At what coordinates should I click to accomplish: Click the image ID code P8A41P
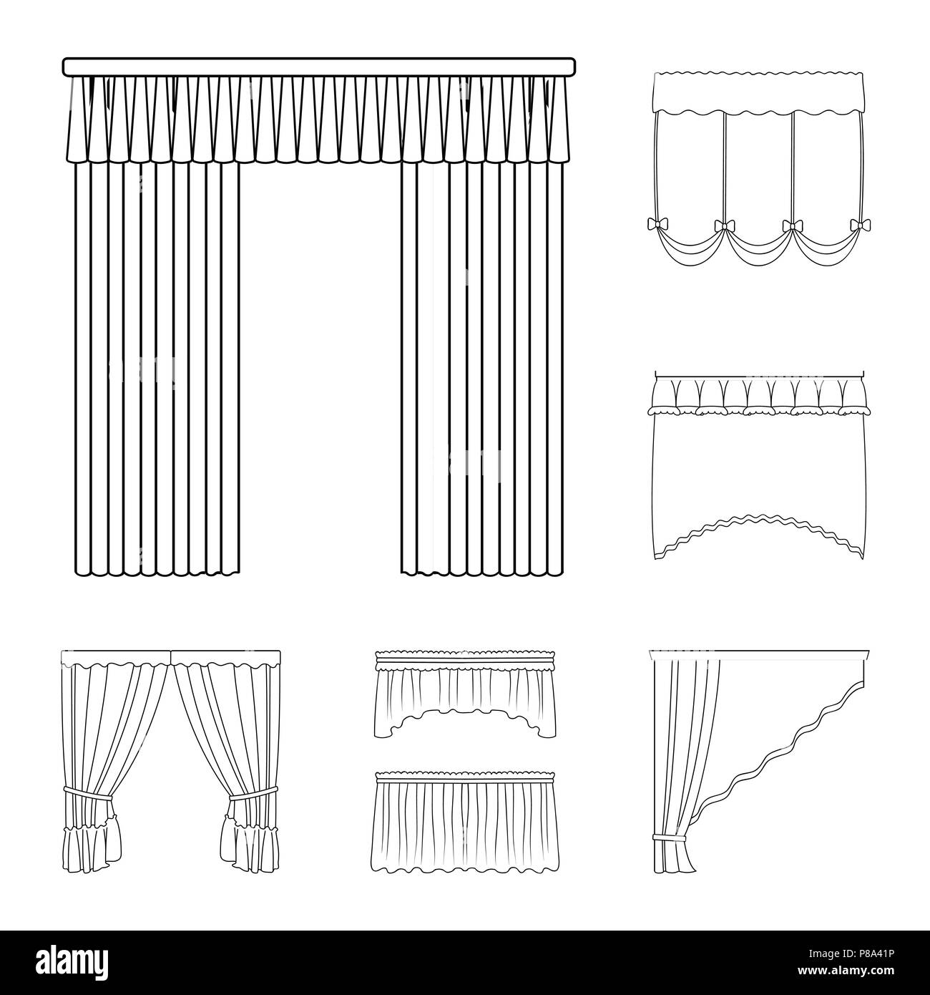(x=876, y=953)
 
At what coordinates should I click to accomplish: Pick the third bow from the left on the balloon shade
(x=791, y=226)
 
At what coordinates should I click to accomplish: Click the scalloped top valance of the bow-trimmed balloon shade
(x=759, y=92)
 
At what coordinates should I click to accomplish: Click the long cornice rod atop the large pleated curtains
(x=319, y=67)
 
